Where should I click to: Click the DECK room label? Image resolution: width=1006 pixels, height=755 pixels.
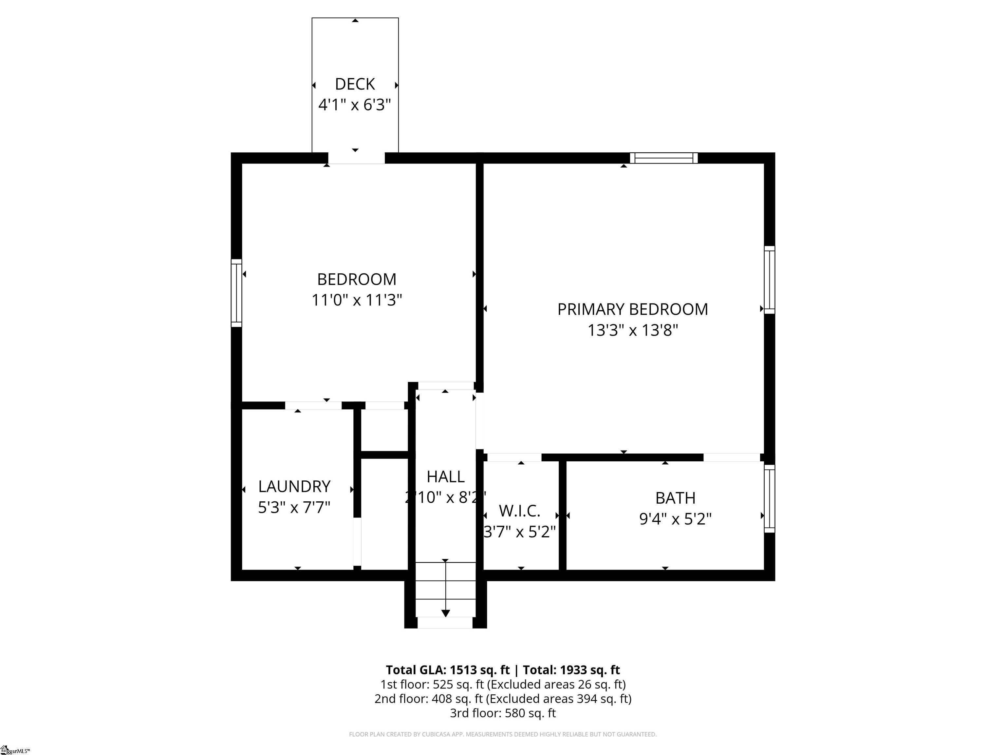pyautogui.click(x=355, y=84)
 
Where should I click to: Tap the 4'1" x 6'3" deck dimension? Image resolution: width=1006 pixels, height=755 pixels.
pyautogui.click(x=355, y=105)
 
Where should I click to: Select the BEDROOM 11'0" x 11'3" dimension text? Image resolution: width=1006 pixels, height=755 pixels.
pyautogui.click(x=357, y=300)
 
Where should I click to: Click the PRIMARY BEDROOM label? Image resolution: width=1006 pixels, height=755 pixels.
pyautogui.click(x=633, y=309)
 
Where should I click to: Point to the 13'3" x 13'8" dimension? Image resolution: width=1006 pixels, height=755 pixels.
pyautogui.click(x=633, y=330)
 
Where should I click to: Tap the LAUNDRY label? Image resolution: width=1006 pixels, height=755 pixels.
pyautogui.click(x=294, y=487)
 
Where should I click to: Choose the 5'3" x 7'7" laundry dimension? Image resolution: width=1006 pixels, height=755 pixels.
pyautogui.click(x=294, y=507)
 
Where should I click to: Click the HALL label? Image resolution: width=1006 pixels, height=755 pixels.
pyautogui.click(x=446, y=476)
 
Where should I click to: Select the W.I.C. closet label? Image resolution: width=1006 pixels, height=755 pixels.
pyautogui.click(x=520, y=511)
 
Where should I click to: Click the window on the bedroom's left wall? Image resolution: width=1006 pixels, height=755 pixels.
pyautogui.click(x=236, y=293)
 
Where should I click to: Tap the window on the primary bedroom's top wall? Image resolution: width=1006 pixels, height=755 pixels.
pyautogui.click(x=664, y=158)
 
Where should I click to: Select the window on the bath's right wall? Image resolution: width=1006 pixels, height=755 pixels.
pyautogui.click(x=769, y=499)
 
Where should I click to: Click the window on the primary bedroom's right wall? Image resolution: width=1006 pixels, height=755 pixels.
pyautogui.click(x=769, y=280)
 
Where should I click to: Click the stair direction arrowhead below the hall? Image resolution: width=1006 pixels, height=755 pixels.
pyautogui.click(x=446, y=613)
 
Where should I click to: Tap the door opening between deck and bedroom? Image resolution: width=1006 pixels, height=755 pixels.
pyautogui.click(x=357, y=158)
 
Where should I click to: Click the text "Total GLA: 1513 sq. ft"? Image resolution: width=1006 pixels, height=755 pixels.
pyautogui.click(x=448, y=670)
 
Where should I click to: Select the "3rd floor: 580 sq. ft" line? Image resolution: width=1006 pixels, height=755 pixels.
pyautogui.click(x=503, y=713)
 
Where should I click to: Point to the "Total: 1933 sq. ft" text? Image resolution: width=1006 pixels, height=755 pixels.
pyautogui.click(x=571, y=670)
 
